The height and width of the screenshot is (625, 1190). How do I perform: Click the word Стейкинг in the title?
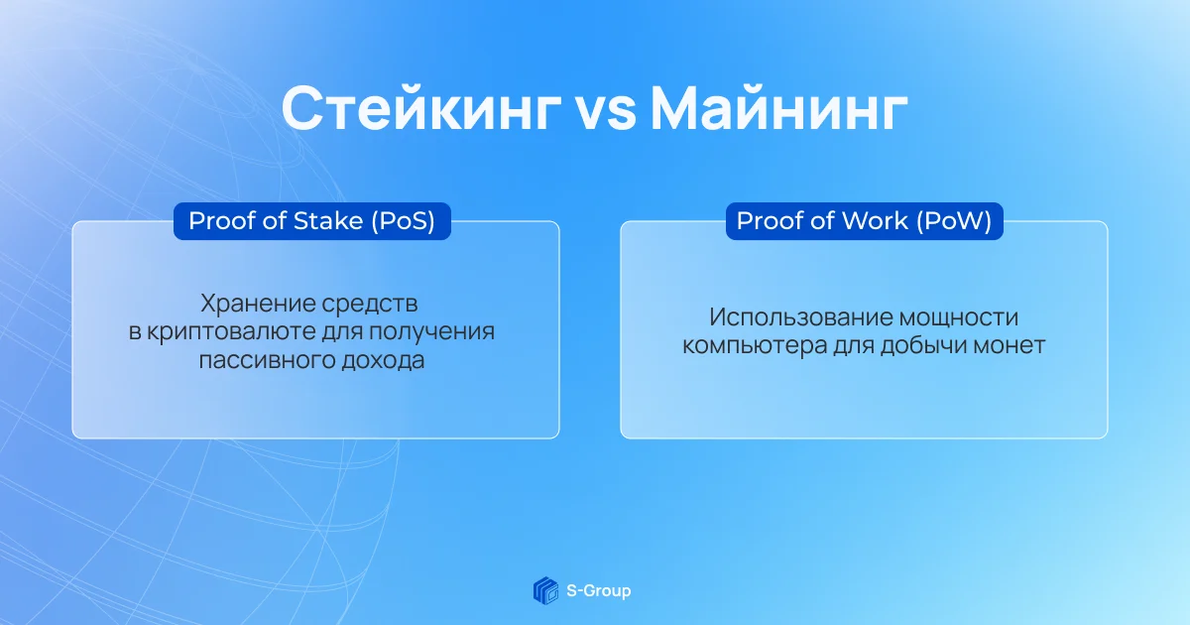(x=421, y=109)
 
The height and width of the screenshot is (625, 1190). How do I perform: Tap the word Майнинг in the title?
(x=779, y=109)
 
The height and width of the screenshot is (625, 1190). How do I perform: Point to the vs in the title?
(x=606, y=113)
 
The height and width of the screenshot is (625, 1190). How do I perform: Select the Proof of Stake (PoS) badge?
(x=312, y=221)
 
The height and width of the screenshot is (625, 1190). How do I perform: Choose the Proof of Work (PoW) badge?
(x=865, y=221)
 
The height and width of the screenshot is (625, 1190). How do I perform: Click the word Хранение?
(x=257, y=304)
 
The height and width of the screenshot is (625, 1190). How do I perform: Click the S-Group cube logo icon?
(x=545, y=590)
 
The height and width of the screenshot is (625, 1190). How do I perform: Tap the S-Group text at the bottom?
(x=599, y=590)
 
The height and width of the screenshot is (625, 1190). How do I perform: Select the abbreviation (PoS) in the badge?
(x=404, y=221)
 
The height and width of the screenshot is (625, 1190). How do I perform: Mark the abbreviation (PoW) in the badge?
(x=954, y=221)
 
